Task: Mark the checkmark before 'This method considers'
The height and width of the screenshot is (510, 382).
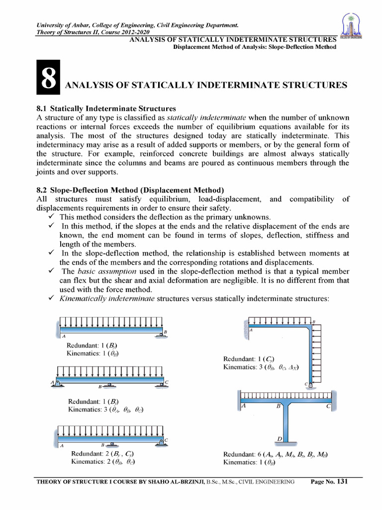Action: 51,217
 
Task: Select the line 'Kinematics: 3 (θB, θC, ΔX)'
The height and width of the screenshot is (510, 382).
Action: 261,367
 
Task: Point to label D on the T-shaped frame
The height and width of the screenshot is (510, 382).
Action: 280,438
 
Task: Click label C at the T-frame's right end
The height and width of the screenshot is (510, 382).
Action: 328,406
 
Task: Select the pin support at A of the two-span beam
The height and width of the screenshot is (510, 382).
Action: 57,382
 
